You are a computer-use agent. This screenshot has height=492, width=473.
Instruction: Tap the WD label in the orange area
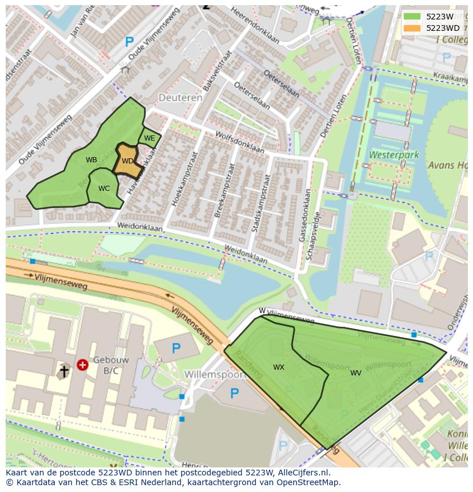pyautogui.click(x=127, y=161)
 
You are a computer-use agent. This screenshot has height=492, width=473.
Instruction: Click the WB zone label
pyautogui.click(x=91, y=160)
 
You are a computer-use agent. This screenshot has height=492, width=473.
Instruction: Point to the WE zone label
pyautogui.click(x=149, y=138)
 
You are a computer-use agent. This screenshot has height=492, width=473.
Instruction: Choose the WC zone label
pyautogui.click(x=104, y=189)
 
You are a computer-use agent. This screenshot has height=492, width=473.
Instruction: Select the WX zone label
pyautogui.click(x=279, y=367)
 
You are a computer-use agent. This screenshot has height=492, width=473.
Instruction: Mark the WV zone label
pyautogui.click(x=356, y=373)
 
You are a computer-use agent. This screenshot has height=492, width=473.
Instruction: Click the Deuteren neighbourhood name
pyautogui.click(x=181, y=98)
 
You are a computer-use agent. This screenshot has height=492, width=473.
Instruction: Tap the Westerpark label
pyautogui.click(x=394, y=155)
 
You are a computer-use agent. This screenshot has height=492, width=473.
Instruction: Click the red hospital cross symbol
pyautogui.click(x=82, y=364)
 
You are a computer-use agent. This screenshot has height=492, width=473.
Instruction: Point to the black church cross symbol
pyautogui.click(x=64, y=371)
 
